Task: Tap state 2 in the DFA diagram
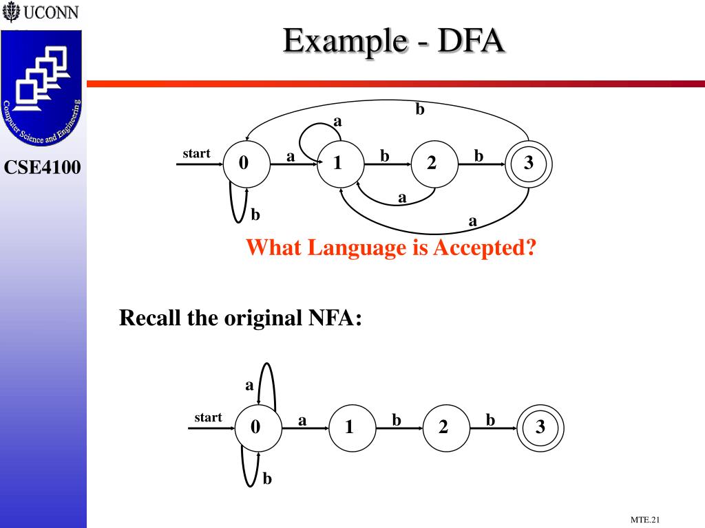432,164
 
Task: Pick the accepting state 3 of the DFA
528,164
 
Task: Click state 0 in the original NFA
257,428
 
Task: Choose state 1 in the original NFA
350,428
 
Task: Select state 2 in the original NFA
444,428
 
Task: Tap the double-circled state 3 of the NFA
540,428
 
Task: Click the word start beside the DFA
196,153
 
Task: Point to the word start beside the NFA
208,417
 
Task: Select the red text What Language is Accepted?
391,247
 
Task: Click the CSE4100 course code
43,166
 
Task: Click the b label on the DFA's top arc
419,109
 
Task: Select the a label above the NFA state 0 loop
249,385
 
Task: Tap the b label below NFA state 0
267,478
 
